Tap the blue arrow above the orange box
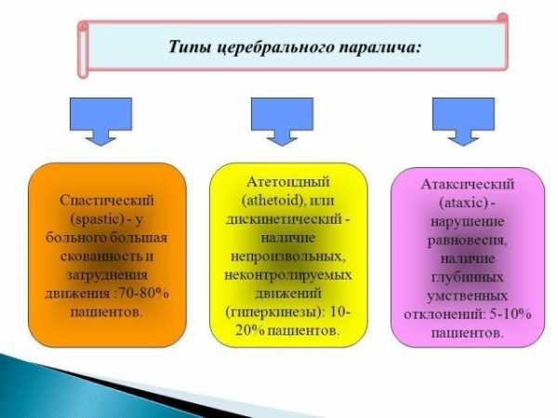pos(100,122)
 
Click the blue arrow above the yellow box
pos(282,122)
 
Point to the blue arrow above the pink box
pos(463,122)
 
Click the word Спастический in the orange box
pos(107,201)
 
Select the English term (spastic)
pos(98,219)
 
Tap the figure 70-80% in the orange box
pos(143,294)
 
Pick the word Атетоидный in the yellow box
pos(288,182)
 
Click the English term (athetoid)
pos(272,201)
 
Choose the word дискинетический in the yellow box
pos(284,219)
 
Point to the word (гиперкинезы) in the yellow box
pos(275,312)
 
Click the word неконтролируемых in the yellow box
pos(288,275)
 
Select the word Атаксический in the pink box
pos(468,184)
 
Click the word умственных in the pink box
pos(467,296)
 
